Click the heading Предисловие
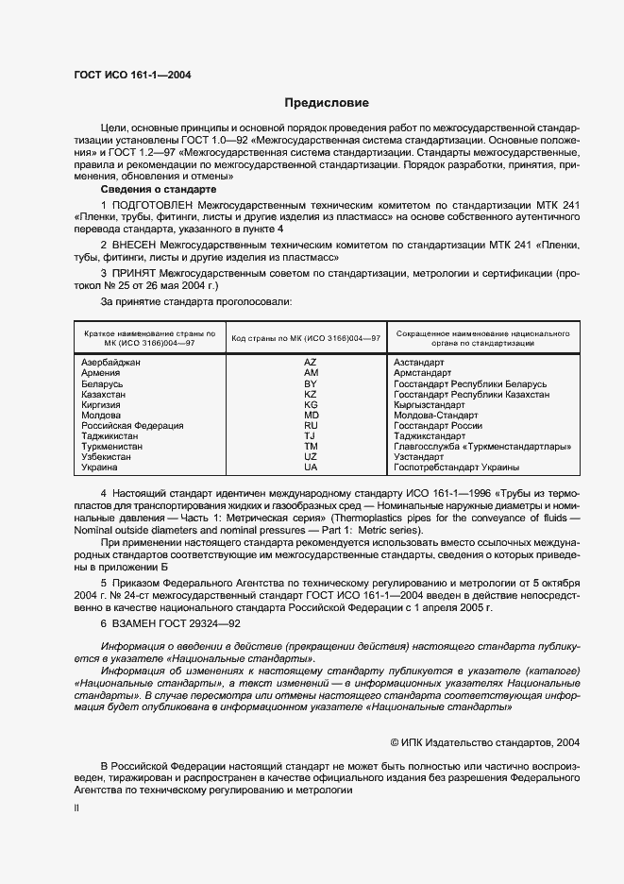(326, 103)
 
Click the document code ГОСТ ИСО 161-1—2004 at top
(132, 74)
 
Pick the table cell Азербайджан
(111, 362)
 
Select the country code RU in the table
(310, 426)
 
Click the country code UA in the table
(310, 467)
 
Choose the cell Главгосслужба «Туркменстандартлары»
(483, 447)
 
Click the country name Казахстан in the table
(107, 394)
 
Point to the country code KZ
(310, 394)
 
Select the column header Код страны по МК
(306, 338)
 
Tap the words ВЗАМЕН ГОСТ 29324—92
(170, 624)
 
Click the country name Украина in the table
(100, 467)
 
